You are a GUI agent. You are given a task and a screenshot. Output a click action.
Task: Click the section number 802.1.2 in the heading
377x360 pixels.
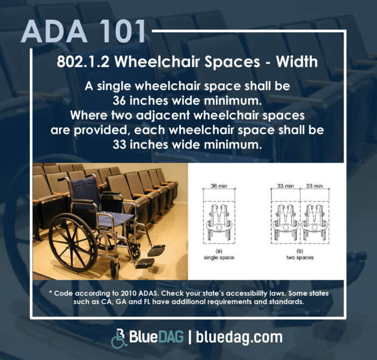click(x=83, y=62)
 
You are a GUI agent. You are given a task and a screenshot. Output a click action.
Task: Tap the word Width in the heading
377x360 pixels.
click(x=297, y=62)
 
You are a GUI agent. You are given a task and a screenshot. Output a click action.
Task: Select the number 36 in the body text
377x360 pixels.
click(x=119, y=101)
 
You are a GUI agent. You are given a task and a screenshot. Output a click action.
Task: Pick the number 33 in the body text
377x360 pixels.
click(x=120, y=145)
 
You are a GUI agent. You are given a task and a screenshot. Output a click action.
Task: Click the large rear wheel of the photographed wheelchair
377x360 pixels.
click(x=73, y=243)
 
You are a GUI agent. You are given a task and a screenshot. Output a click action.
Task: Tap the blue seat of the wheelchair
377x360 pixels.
click(x=116, y=218)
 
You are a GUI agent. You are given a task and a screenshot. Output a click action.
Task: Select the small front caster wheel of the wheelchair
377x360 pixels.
click(x=115, y=269)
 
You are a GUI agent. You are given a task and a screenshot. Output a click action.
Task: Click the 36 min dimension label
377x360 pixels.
click(x=219, y=186)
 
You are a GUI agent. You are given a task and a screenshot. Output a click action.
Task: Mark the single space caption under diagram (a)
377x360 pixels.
click(x=219, y=257)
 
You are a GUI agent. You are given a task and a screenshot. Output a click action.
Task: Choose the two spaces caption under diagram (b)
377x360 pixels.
click(x=300, y=257)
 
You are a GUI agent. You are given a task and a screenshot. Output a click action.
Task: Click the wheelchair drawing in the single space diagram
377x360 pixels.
click(x=219, y=222)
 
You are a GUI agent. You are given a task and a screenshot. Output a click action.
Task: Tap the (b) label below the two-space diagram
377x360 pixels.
click(x=300, y=251)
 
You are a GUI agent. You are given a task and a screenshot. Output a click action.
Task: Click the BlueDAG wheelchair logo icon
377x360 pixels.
click(x=119, y=338)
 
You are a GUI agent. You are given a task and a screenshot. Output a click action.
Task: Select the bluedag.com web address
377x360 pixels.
click(x=239, y=337)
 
